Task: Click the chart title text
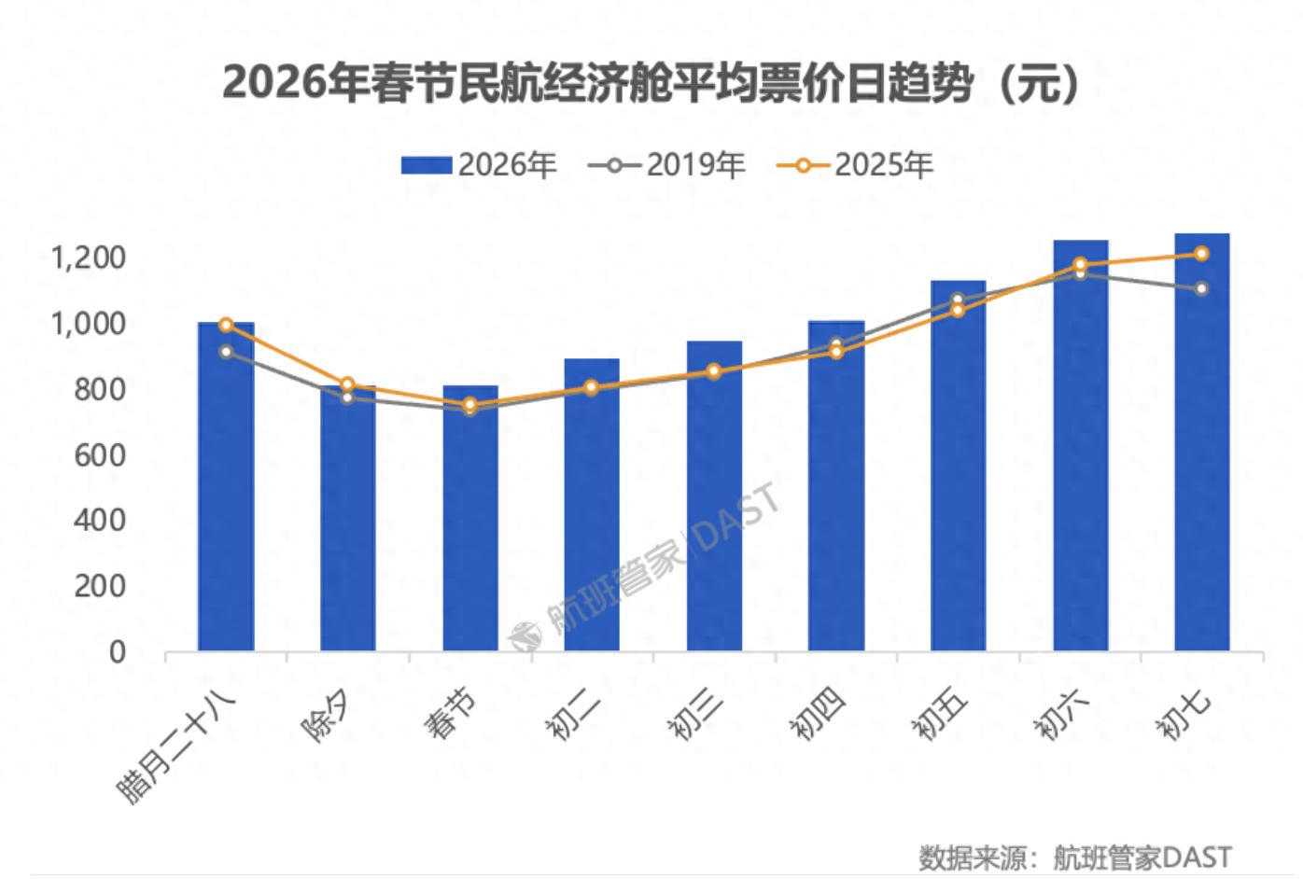pos(651,83)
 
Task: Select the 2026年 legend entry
pos(479,165)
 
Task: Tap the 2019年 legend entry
pos(666,165)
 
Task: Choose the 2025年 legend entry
pos(855,165)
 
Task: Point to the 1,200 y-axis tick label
pos(87,258)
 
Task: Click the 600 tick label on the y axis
pos(99,454)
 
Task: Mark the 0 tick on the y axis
pos(117,651)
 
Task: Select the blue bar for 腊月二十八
pos(226,485)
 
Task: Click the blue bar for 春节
pos(470,518)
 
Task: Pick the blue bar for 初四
pos(836,485)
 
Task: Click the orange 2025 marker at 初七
pos(1201,254)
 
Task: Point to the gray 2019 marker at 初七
pos(1201,288)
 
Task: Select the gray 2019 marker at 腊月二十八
pos(226,352)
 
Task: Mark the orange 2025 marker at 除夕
pos(348,384)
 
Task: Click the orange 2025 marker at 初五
pos(958,310)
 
